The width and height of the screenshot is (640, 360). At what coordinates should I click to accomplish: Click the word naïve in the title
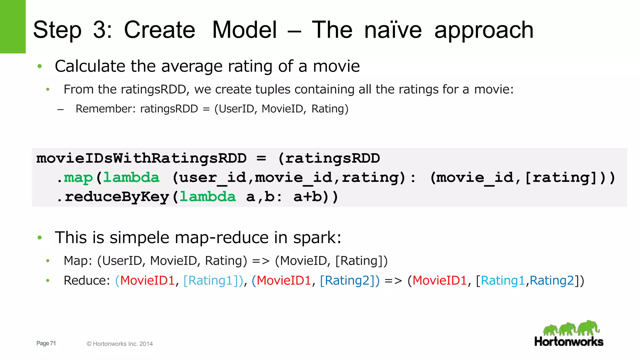click(393, 30)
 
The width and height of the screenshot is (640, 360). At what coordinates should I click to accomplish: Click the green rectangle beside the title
click(12, 27)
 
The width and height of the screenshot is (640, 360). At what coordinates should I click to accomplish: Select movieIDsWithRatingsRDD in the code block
click(141, 158)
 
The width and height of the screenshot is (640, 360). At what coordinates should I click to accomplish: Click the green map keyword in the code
click(78, 177)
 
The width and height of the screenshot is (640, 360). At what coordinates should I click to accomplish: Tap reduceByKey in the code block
click(117, 197)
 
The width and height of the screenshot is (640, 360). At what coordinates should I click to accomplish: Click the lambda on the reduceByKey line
click(207, 197)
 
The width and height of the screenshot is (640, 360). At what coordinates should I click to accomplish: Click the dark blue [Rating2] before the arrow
click(349, 280)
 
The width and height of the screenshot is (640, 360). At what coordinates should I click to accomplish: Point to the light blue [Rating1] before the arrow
click(212, 280)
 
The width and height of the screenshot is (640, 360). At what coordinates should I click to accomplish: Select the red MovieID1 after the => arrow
click(439, 280)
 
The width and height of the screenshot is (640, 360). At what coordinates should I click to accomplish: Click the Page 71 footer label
click(46, 343)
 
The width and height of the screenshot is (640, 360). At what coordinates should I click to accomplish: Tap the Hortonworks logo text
click(568, 342)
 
